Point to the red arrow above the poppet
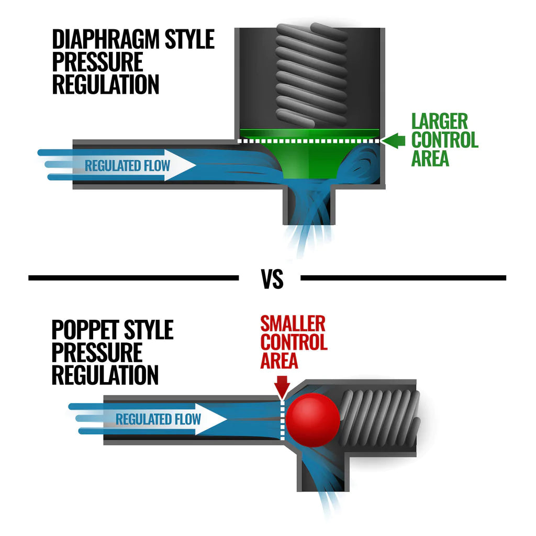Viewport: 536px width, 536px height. pyautogui.click(x=282, y=386)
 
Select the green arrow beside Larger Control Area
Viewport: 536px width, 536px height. pyautogui.click(x=395, y=140)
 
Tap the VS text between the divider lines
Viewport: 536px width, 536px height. pyautogui.click(x=272, y=280)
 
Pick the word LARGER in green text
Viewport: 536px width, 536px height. pyautogui.click(x=439, y=121)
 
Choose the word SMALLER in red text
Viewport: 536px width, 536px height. pyautogui.click(x=293, y=323)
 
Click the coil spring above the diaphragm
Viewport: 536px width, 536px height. pyautogui.click(x=311, y=73)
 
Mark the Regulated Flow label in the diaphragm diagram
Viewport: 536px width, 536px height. pyautogui.click(x=127, y=166)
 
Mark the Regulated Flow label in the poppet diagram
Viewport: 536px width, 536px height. pyautogui.click(x=158, y=419)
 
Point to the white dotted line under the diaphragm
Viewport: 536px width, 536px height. pyautogui.click(x=309, y=141)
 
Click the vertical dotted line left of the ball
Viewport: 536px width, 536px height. pyautogui.click(x=282, y=419)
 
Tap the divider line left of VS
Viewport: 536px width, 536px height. pyautogui.click(x=133, y=278)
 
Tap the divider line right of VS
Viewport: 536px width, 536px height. pyautogui.click(x=403, y=278)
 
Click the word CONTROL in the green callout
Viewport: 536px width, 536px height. pyautogui.click(x=444, y=140)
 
